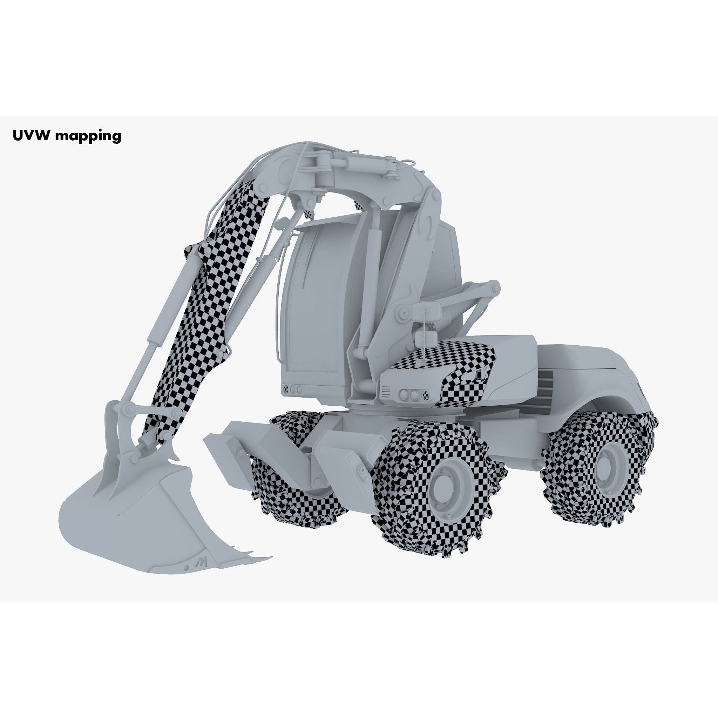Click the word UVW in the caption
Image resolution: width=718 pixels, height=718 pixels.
[x=31, y=135]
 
